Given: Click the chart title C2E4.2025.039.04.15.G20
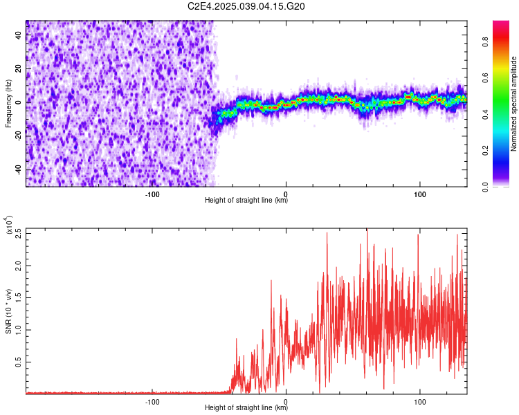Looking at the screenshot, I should point(247,6).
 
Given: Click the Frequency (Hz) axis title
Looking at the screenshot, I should point(8,103).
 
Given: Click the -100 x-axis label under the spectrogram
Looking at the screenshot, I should point(152,193).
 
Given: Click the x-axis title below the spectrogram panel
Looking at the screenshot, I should point(246,200).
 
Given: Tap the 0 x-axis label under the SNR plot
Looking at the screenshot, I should point(286,400).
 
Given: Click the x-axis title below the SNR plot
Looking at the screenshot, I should point(246,407).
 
